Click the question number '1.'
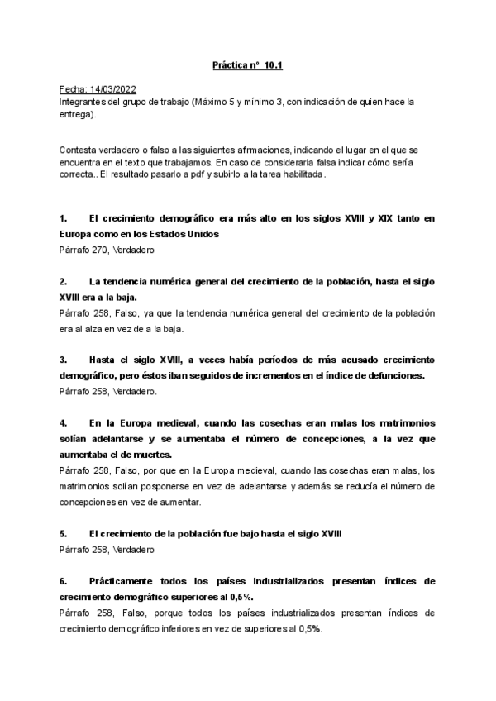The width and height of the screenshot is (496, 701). (x=64, y=218)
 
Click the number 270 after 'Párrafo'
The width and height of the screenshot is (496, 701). (x=106, y=249)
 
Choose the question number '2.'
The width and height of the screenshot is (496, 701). (x=64, y=281)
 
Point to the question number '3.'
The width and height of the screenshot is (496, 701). (x=64, y=360)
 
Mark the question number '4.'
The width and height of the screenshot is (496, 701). (x=64, y=422)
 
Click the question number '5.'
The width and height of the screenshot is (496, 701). (x=64, y=533)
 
